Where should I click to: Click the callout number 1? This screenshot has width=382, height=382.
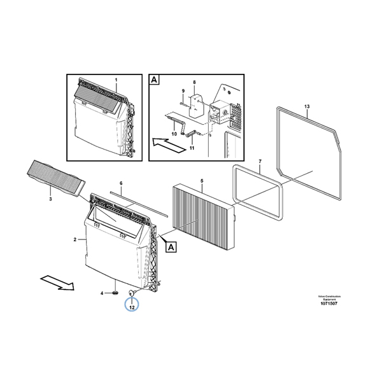tap(117, 80)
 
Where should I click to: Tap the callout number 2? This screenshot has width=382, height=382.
tap(76, 240)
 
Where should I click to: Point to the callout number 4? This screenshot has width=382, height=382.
tap(102, 293)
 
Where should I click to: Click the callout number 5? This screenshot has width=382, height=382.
tap(201, 181)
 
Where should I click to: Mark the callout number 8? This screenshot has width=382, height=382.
tap(195, 82)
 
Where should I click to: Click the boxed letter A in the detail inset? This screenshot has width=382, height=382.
tap(154, 80)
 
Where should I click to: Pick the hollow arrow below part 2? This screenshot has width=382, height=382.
tap(55, 280)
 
